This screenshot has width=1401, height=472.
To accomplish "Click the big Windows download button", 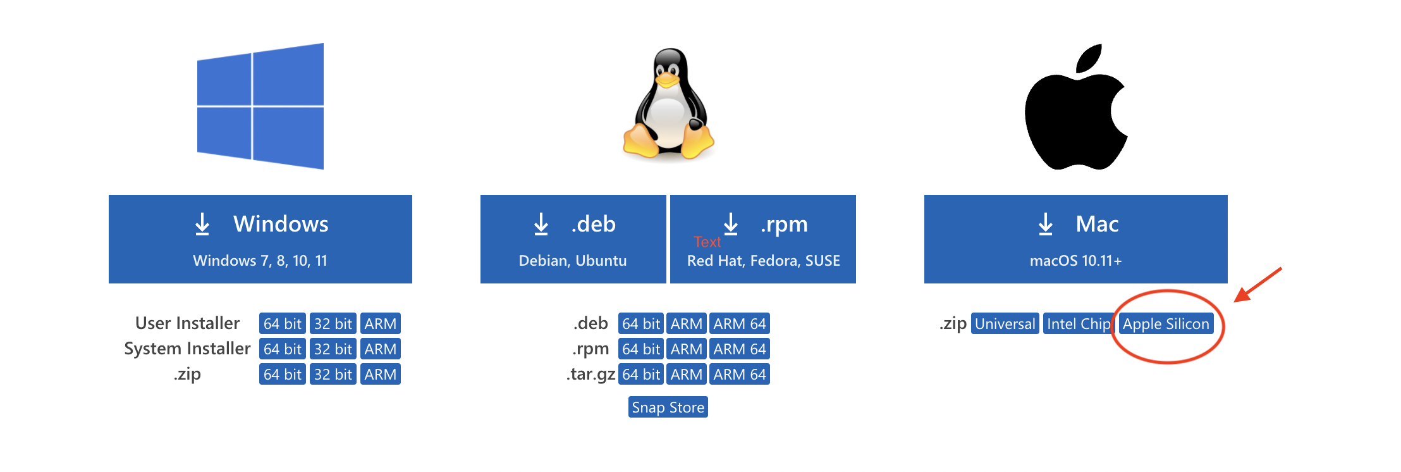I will [x=260, y=239].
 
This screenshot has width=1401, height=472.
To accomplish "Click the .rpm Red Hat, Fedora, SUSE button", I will [x=762, y=239].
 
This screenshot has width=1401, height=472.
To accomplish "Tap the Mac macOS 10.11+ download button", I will [x=1075, y=239].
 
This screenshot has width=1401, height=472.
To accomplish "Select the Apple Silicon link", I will [x=1166, y=324].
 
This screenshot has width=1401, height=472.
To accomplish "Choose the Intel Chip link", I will [x=1077, y=324].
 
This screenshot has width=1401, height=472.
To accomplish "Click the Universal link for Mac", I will [x=1005, y=324].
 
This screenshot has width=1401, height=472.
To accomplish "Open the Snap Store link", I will [x=668, y=407].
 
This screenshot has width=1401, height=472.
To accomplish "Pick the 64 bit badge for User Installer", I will [x=282, y=324].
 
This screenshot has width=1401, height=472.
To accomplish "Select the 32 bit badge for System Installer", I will [x=333, y=349].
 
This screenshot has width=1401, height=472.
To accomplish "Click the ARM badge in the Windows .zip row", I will [x=380, y=375].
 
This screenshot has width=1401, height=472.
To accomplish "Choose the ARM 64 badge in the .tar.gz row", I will [x=739, y=375].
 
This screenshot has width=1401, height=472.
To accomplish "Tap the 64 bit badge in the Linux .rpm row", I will [x=640, y=349].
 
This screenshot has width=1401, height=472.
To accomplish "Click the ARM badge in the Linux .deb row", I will [x=686, y=324].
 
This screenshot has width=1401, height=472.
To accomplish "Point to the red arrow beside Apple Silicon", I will [x=1257, y=285].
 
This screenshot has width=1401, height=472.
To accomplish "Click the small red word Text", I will [x=707, y=242].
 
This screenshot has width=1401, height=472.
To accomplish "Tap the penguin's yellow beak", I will [x=666, y=80].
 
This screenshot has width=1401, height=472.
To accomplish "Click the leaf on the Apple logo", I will [x=1090, y=58].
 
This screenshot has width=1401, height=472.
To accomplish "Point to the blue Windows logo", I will [x=260, y=106].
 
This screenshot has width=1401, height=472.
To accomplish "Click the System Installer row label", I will [x=187, y=349].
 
